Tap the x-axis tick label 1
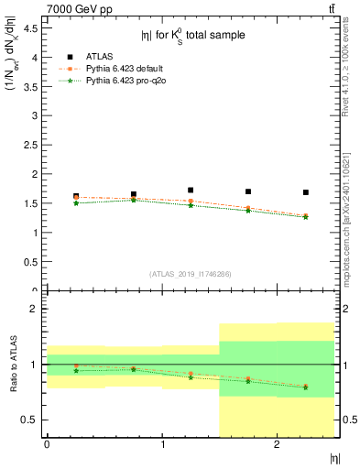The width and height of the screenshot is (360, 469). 162,444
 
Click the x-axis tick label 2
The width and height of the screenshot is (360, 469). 278,444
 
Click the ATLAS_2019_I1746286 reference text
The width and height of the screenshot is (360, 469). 191,274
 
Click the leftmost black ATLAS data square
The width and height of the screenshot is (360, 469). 76,196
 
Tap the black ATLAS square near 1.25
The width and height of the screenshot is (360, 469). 191,191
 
